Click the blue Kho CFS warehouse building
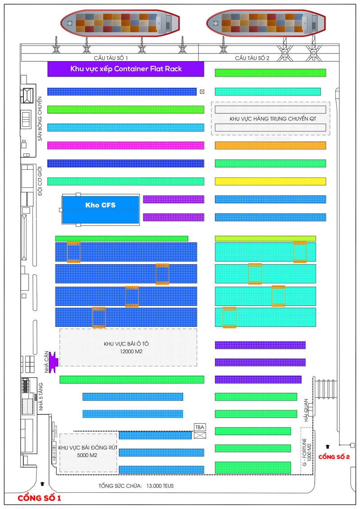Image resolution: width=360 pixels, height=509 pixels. coord(101,209)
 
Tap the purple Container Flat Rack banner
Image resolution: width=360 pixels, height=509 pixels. coord(126,69)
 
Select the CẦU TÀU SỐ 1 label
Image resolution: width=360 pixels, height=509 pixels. coord(111,58)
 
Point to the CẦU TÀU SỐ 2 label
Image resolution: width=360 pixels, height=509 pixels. coord(252,58)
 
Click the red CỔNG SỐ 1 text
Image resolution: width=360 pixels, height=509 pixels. coord(39,498)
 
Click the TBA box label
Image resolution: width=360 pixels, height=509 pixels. coord(199,427)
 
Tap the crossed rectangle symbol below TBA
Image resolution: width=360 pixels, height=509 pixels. coord(199,435)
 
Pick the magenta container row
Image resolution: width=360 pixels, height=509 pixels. coord(126,145)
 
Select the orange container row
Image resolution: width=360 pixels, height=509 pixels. coord(270,145)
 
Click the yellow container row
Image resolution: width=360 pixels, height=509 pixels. coord(270,181)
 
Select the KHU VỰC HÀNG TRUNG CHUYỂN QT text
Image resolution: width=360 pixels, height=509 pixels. coord(270,118)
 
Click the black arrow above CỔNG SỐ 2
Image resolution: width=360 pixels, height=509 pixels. coord(328,446)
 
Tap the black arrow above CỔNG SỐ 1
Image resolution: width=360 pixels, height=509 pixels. coord(42,484)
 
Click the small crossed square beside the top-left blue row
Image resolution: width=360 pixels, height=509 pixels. coord(202,92)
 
